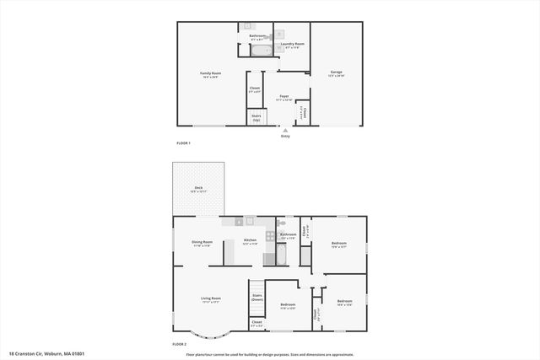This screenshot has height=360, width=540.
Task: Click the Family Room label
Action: (x=208, y=75)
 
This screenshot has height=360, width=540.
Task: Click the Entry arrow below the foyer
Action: (x=285, y=131)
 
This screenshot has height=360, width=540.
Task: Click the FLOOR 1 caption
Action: (x=183, y=143)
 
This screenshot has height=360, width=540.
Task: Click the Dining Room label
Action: (x=202, y=244)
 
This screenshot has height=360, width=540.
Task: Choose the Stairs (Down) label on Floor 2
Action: (x=257, y=298)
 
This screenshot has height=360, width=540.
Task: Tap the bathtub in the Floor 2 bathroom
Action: (x=283, y=249)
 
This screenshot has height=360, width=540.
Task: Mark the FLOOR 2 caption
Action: (x=179, y=344)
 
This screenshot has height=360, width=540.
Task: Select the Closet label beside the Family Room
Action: (x=255, y=89)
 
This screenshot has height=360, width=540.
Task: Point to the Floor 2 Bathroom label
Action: (x=289, y=234)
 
